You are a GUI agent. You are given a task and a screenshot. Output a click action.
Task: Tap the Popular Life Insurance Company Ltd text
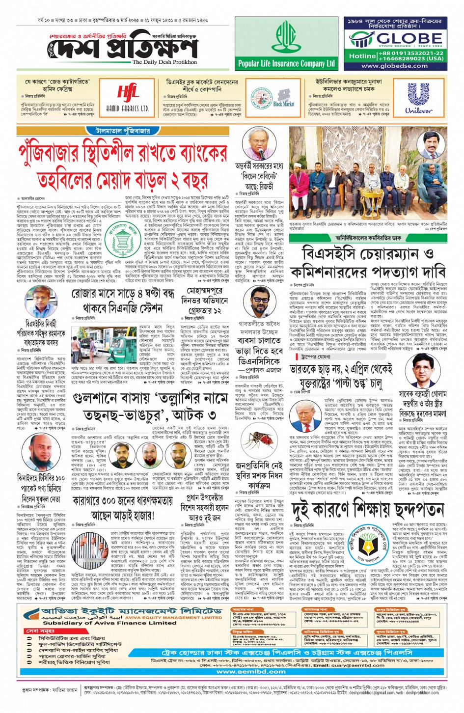click(x=286, y=63)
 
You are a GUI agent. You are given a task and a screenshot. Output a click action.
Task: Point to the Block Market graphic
click(x=283, y=98)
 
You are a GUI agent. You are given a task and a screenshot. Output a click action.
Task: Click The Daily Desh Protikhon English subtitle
click(x=164, y=62)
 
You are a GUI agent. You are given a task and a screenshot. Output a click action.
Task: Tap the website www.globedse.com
click(x=394, y=66)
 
